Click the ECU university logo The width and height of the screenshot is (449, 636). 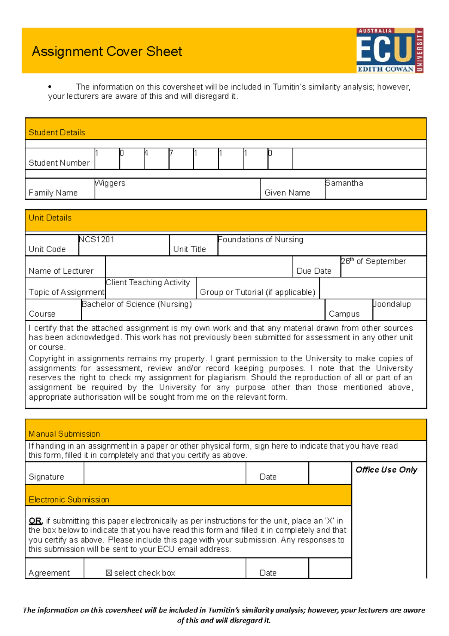point(389,50)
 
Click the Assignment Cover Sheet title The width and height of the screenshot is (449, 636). point(107,51)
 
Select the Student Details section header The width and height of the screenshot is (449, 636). point(57,132)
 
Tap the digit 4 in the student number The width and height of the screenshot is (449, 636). point(146,153)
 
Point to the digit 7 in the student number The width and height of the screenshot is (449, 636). point(171,153)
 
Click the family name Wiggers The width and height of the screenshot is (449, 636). point(110,183)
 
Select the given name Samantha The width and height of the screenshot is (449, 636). point(344,183)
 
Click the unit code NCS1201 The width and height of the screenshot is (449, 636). point(97,240)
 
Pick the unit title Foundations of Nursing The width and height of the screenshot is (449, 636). point(260,240)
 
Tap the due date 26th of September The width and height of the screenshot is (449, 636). point(373,261)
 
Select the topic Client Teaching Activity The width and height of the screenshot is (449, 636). point(148,283)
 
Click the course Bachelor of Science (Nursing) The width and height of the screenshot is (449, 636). point(137,304)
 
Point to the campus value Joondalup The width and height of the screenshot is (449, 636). point(392,304)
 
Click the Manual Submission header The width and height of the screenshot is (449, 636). point(64,434)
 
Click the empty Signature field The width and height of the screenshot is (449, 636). point(165,473)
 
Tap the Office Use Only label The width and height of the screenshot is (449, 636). point(386,470)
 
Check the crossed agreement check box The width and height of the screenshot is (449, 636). point(109,573)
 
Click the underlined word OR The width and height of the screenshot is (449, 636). point(35,521)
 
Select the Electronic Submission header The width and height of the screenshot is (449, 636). point(69,500)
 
